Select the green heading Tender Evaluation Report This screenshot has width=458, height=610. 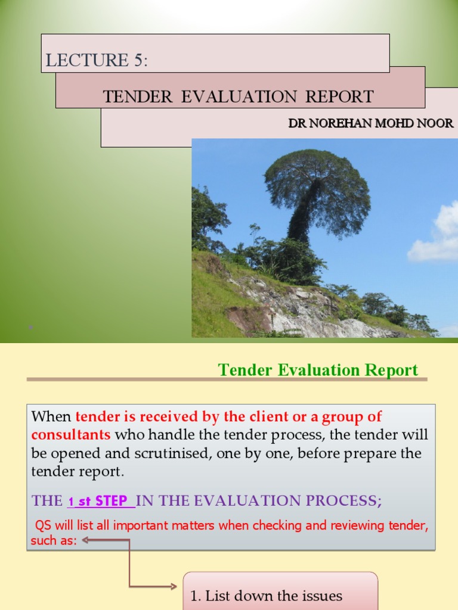pos(318,370)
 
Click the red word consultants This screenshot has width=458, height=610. pos(71,434)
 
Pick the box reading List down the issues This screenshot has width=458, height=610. pos(280,595)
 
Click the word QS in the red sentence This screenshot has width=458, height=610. pos(43,525)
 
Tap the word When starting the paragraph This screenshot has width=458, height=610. pos(51,416)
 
